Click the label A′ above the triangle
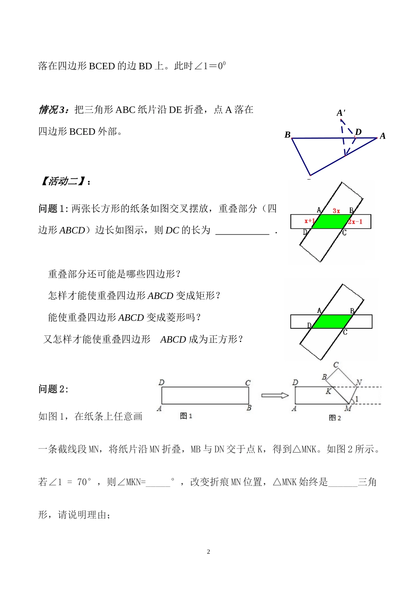tap(341, 113)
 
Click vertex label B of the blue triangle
tap(288, 135)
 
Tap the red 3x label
tap(336, 211)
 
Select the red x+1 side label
tap(309, 221)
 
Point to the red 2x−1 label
tap(356, 222)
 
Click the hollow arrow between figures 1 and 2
tap(275, 396)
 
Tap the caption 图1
tap(186, 416)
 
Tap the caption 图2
tap(335, 417)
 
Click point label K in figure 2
tap(328, 391)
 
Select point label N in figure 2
tap(359, 382)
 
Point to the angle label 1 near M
tap(357, 399)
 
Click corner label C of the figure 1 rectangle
tap(248, 383)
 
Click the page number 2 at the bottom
tap(208, 552)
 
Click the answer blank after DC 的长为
tap(242, 231)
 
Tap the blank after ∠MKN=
tap(158, 482)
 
